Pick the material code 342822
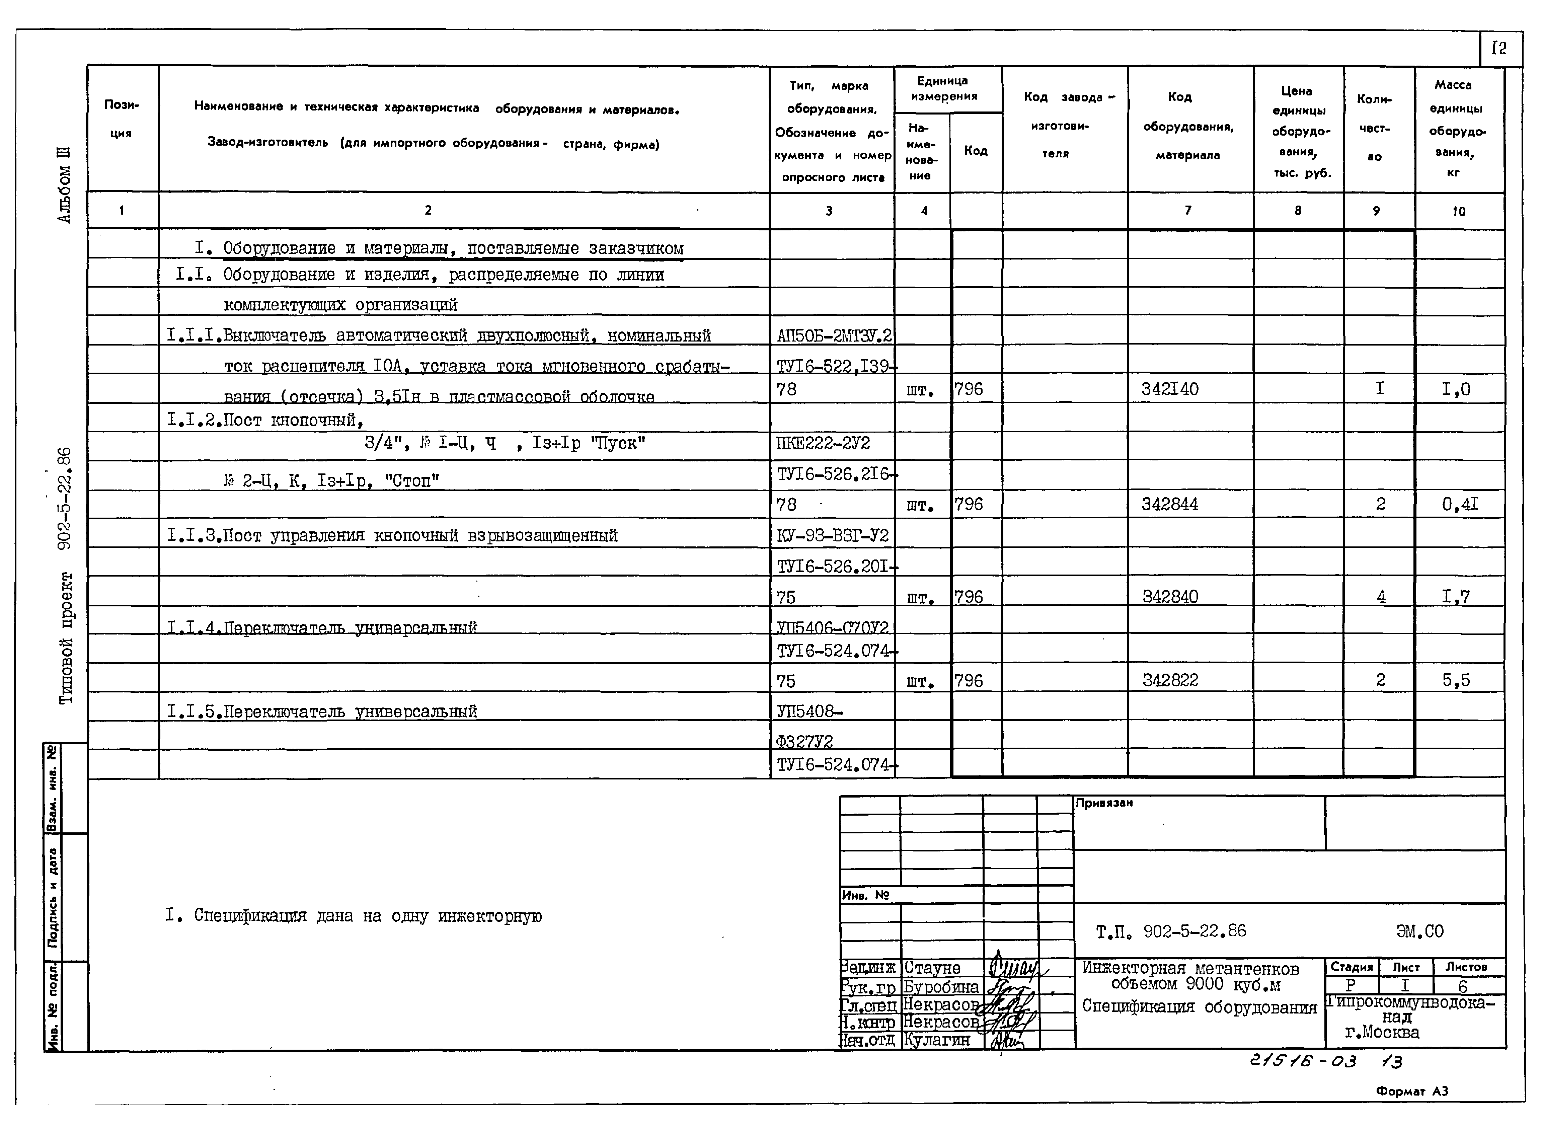click(1170, 680)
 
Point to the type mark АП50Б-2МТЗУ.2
click(833, 335)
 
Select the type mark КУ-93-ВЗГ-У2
click(832, 535)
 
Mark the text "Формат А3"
click(1412, 1091)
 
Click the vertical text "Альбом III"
click(64, 184)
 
